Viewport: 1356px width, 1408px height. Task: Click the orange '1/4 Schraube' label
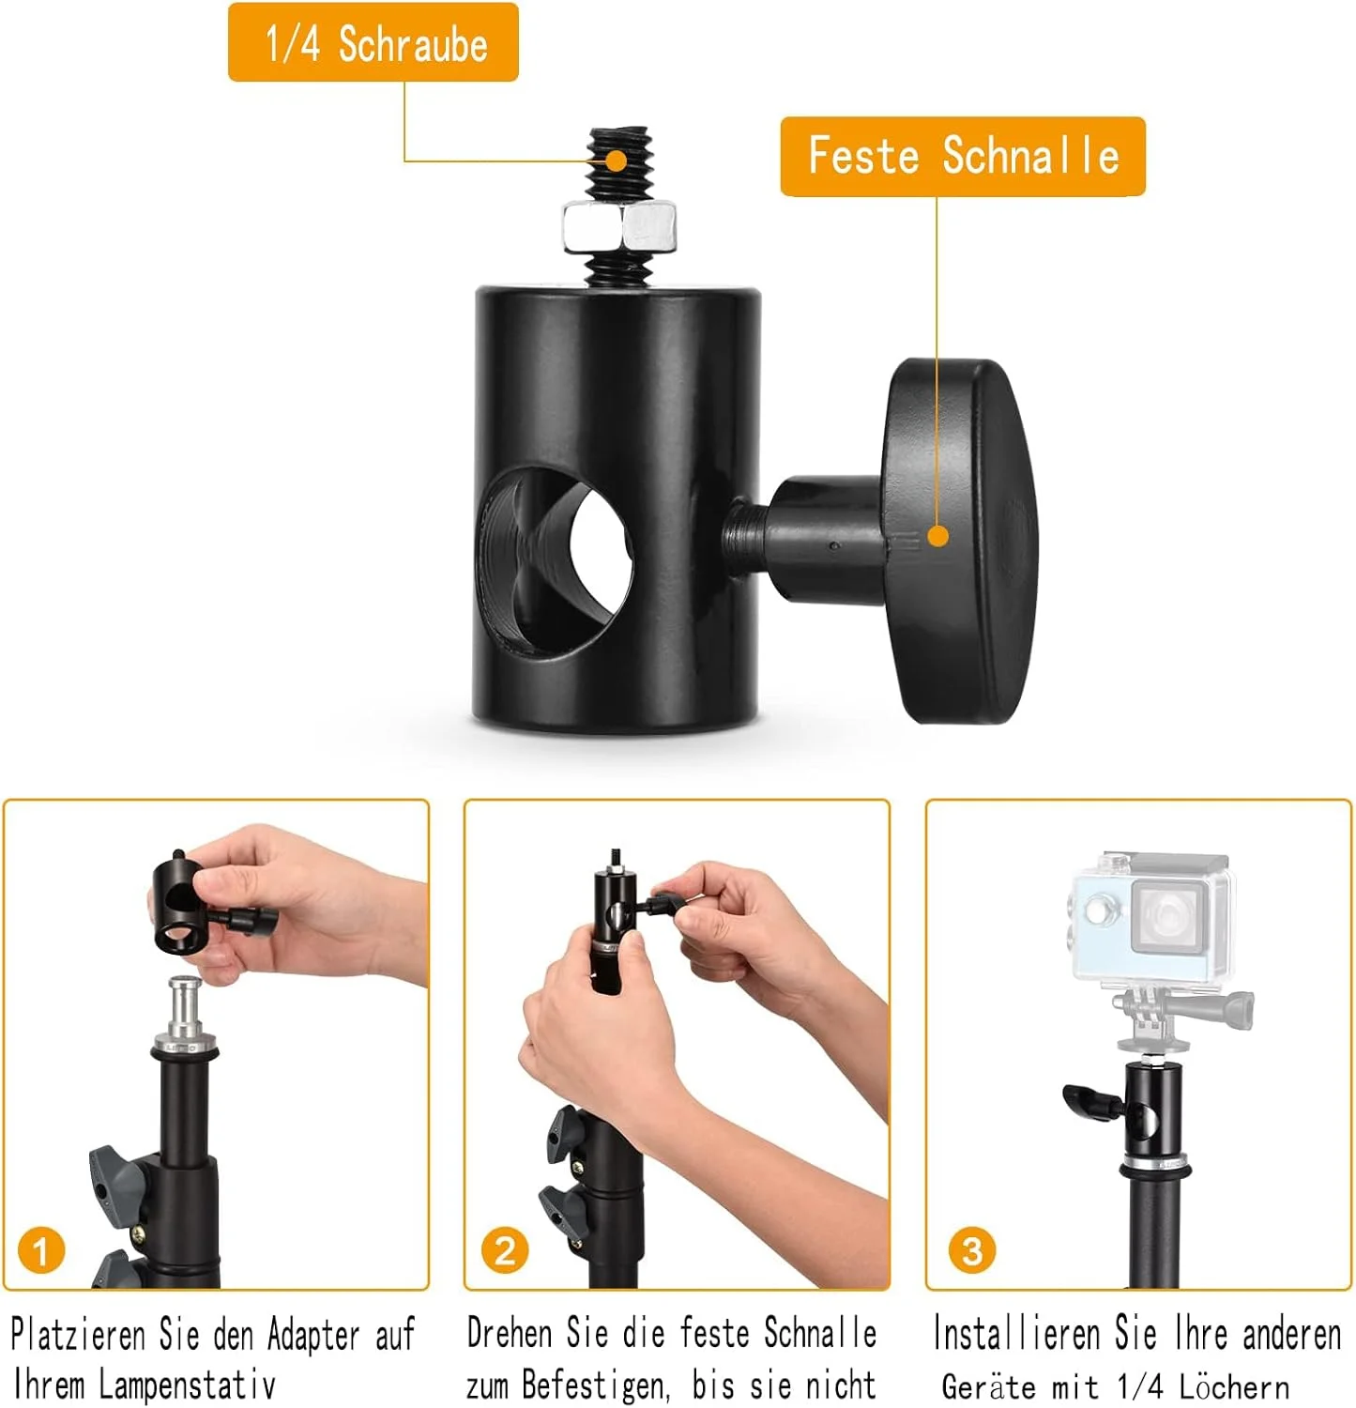point(373,42)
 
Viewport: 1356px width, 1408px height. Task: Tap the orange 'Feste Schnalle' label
point(963,156)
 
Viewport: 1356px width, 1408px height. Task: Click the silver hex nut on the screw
point(619,226)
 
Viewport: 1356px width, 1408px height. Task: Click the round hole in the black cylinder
point(555,559)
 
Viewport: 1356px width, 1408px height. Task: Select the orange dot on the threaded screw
point(616,160)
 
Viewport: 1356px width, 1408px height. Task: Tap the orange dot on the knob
point(937,536)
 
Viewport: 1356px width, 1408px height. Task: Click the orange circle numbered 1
point(41,1250)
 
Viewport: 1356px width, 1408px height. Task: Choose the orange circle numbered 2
point(505,1250)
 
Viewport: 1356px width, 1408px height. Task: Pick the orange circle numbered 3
point(972,1250)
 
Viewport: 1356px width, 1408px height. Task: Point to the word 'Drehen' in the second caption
point(510,1332)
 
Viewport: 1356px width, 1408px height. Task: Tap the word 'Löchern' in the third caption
point(1233,1385)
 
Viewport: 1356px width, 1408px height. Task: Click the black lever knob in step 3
point(1089,1100)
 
